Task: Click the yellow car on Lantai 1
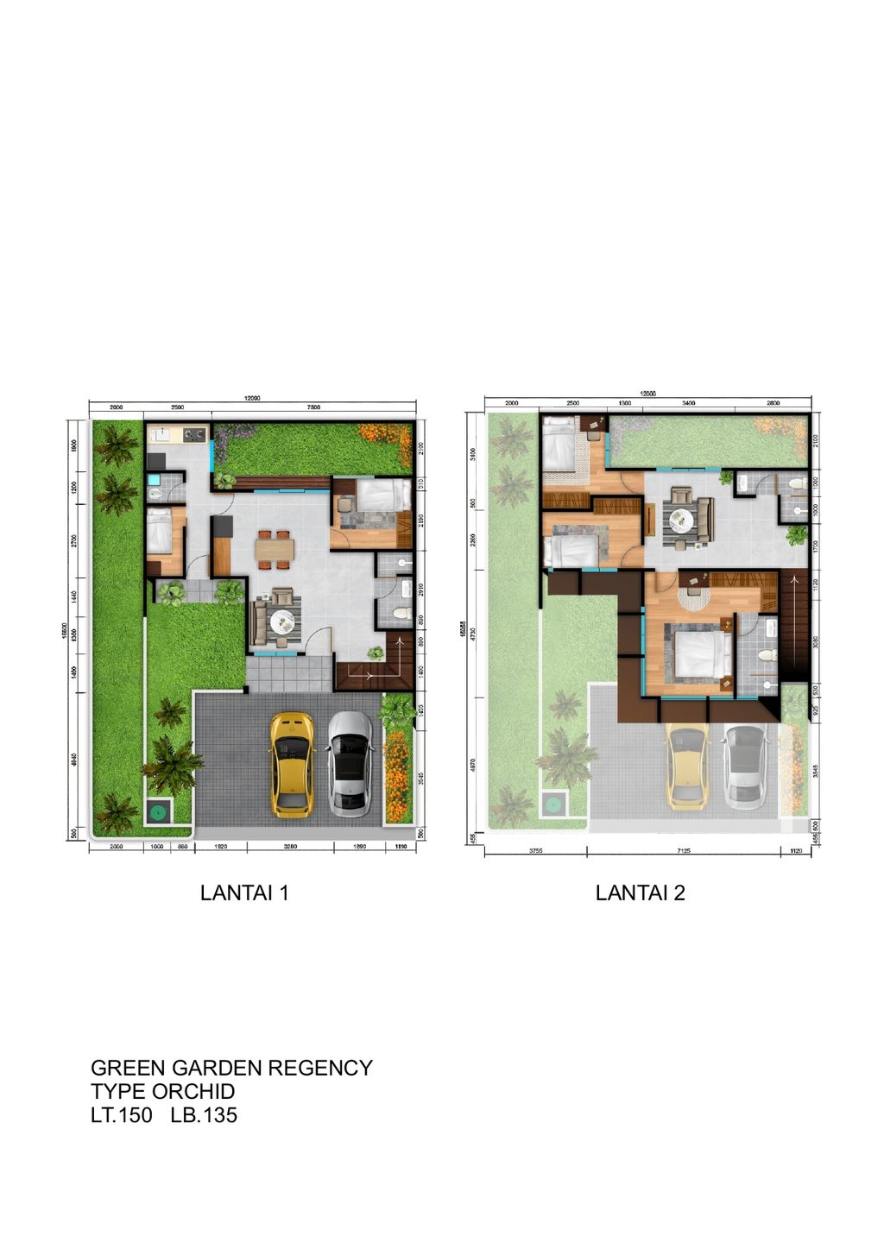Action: (x=292, y=764)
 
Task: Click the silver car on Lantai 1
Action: (x=350, y=764)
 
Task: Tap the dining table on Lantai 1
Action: (x=275, y=550)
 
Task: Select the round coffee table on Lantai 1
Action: (x=281, y=620)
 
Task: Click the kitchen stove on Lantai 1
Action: (x=194, y=434)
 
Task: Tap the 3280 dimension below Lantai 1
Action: (x=290, y=847)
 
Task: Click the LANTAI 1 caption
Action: (x=244, y=893)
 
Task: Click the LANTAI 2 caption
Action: (x=640, y=893)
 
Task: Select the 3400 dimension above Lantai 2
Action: (x=689, y=402)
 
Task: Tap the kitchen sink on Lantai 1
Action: (x=161, y=434)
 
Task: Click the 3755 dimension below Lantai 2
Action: (x=535, y=851)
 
